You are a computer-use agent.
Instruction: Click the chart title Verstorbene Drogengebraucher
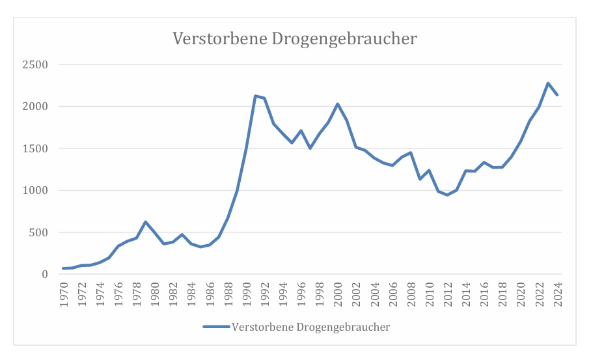(x=294, y=39)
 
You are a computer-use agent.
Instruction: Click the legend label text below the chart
(x=310, y=327)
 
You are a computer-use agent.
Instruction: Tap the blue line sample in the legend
(x=216, y=327)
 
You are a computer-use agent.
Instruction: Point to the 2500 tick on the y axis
(x=36, y=64)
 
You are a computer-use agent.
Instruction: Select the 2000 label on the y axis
(x=36, y=107)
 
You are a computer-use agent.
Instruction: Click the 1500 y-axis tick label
(x=36, y=148)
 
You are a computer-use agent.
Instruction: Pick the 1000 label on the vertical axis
(x=36, y=191)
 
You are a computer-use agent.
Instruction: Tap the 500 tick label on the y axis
(x=39, y=232)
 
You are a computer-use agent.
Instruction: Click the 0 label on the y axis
(x=45, y=275)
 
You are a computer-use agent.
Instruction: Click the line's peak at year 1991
(x=256, y=96)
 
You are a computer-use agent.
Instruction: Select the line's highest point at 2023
(x=548, y=83)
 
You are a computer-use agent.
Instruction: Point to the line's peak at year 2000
(x=338, y=104)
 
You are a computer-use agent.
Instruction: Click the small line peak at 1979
(x=146, y=222)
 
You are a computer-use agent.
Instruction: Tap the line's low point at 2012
(x=447, y=195)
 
